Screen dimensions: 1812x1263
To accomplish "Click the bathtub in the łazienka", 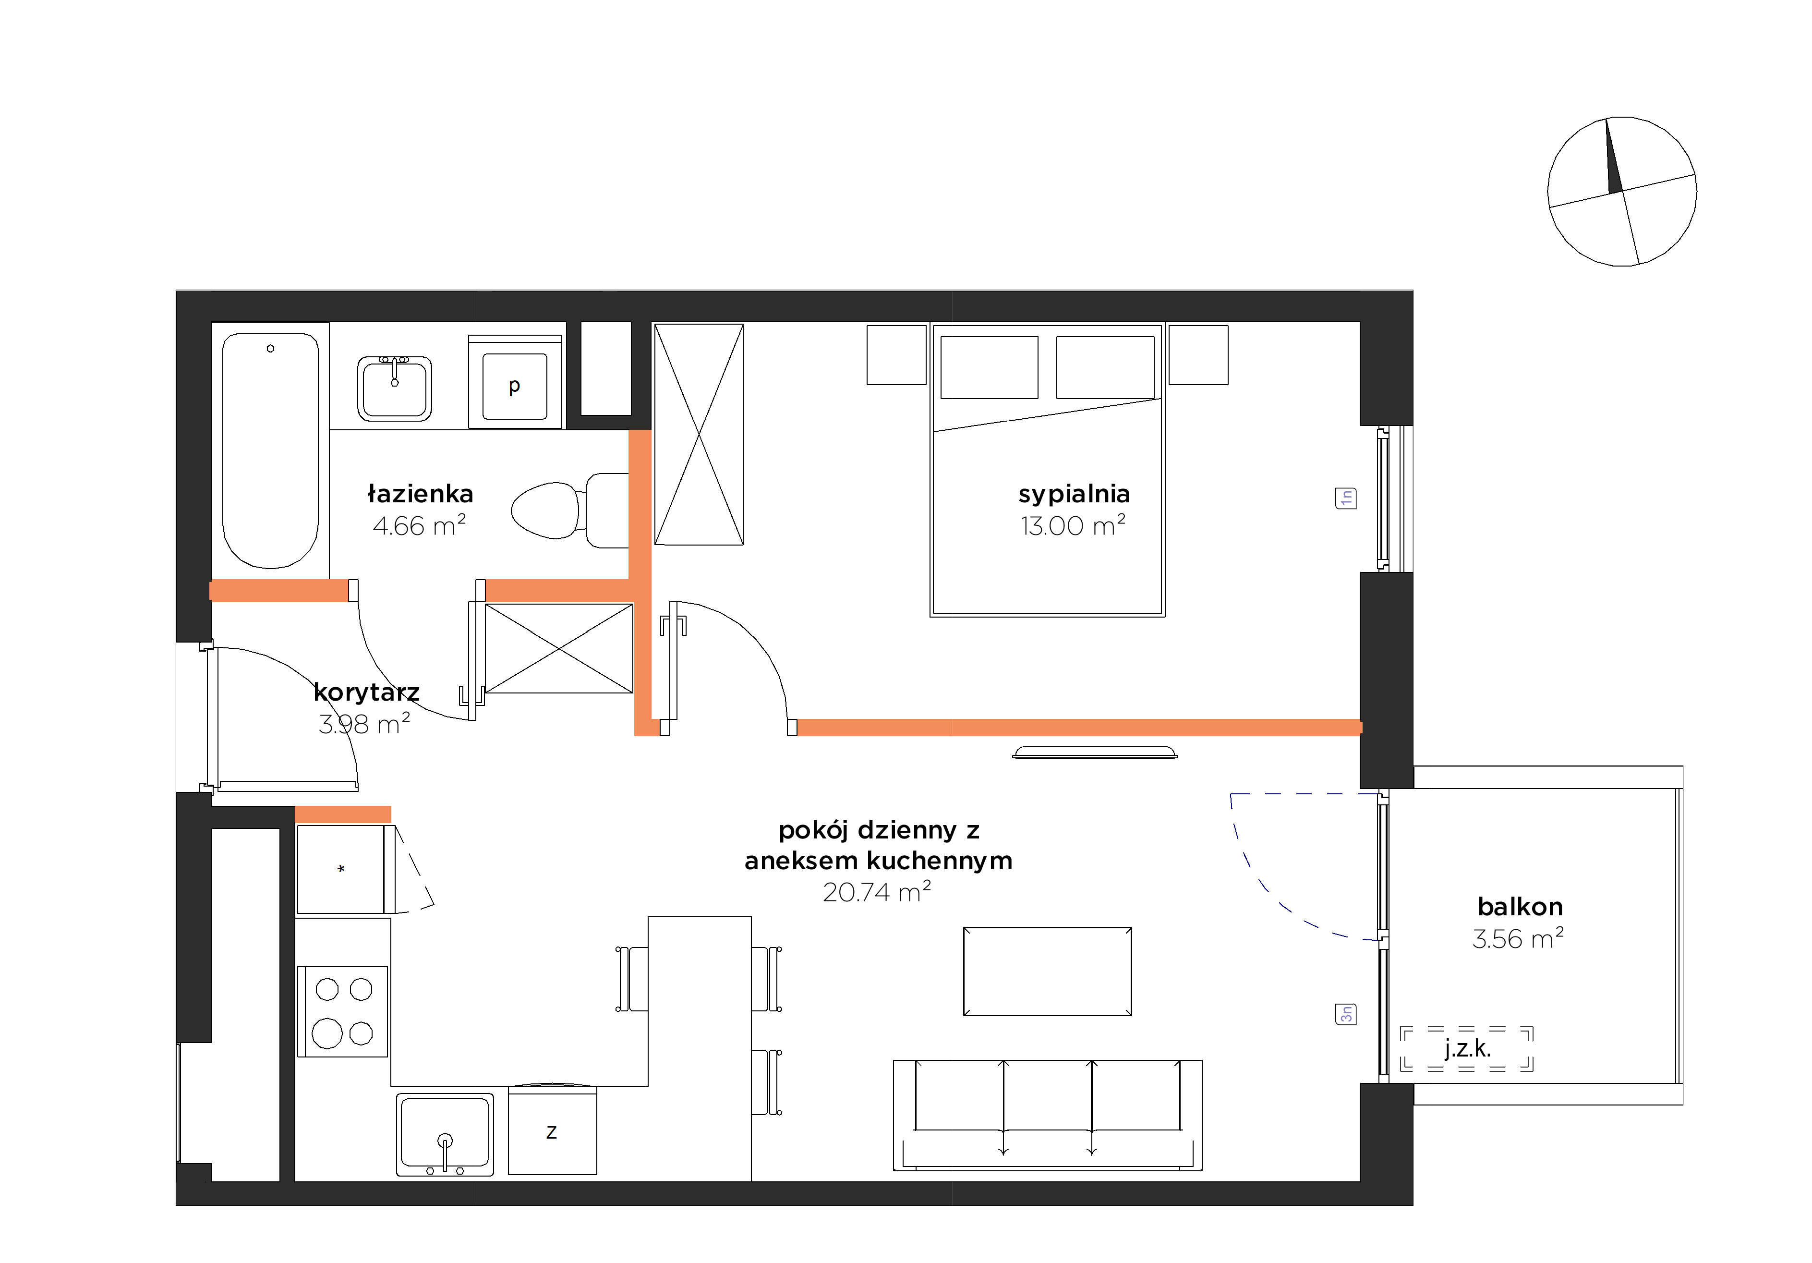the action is (x=271, y=450).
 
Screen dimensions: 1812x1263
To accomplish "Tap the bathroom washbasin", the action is (x=395, y=389).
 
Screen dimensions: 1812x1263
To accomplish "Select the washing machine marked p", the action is (x=515, y=383).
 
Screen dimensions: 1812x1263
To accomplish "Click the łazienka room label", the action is (x=421, y=494).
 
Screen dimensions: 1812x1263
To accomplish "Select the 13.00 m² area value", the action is (x=1073, y=526).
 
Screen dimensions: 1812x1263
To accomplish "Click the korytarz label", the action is (x=366, y=692).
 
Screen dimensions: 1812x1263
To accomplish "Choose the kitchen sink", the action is (x=445, y=1134).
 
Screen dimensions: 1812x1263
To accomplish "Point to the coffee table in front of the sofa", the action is (x=1047, y=972).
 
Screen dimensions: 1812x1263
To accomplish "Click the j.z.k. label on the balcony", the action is (x=1468, y=1049).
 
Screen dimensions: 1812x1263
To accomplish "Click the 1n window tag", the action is (x=1346, y=498).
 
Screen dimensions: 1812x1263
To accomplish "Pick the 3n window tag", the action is (x=1346, y=1014).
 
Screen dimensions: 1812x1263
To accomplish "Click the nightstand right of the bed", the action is (x=1198, y=355).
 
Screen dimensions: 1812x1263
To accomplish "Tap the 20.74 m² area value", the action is (x=877, y=892).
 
